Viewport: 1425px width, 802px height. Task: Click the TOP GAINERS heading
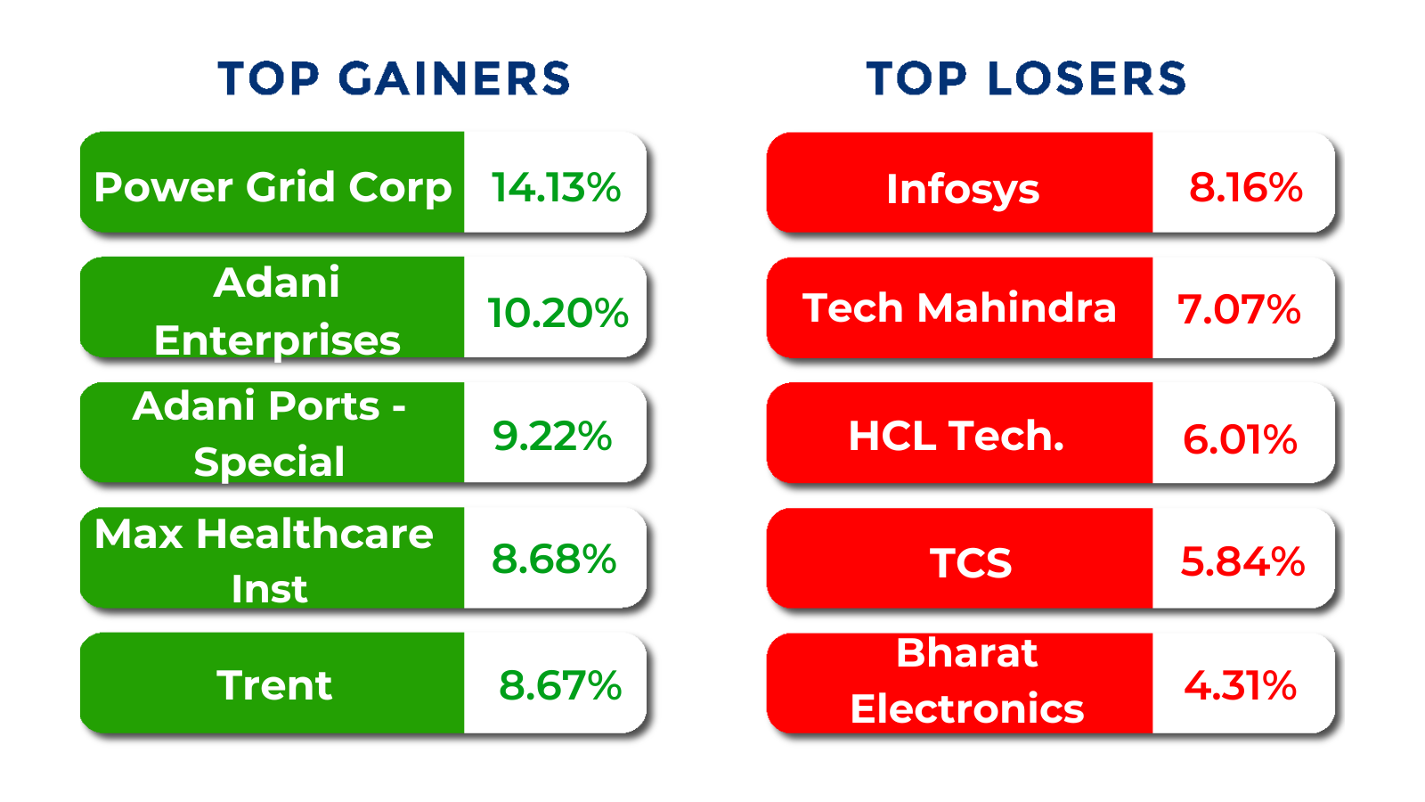394,78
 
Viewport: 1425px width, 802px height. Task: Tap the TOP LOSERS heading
1026,78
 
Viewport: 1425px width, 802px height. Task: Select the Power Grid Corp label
273,187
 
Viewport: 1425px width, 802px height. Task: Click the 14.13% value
556,187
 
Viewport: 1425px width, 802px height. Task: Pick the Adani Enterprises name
276,311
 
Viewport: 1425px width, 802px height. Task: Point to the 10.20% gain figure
558,313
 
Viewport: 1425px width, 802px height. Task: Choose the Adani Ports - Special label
269,434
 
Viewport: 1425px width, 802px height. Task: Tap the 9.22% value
552,436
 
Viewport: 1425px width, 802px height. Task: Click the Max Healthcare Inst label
265,561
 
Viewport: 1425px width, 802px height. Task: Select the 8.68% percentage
554,560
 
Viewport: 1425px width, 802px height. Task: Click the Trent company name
274,685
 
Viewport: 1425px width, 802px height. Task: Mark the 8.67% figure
560,685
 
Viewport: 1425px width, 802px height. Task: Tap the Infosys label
963,189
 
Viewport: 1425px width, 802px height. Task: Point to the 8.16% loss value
1246,188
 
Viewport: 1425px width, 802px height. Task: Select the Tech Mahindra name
959,308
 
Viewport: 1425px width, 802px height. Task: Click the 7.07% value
1239,310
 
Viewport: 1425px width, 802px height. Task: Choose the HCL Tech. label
957,436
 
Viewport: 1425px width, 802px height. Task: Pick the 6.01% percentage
1240,439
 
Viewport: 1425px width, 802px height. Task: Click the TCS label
971,563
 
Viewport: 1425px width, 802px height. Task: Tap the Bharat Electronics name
967,681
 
